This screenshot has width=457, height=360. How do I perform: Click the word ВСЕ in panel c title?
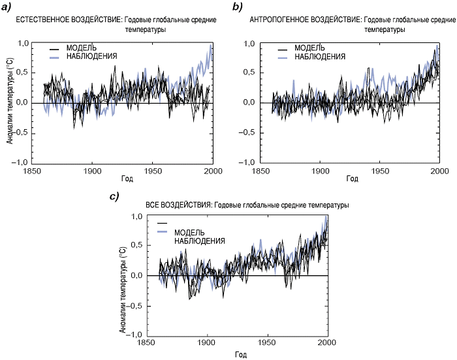coord(152,205)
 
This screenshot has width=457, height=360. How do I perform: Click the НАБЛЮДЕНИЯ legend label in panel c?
coord(200,241)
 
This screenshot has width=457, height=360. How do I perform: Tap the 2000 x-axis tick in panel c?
coord(326,342)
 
